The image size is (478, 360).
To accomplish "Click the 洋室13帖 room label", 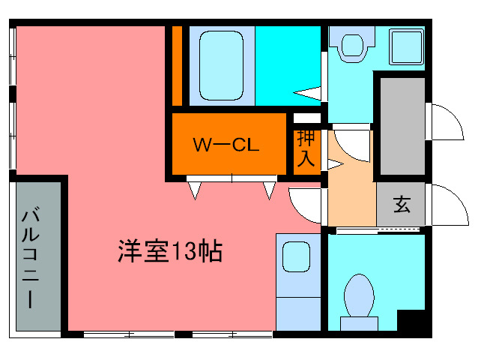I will tap(169, 251).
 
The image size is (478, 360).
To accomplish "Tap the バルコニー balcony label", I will tap(31, 259).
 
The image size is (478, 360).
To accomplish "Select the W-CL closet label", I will tap(226, 145).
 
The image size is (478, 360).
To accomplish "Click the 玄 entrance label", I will tap(402, 205).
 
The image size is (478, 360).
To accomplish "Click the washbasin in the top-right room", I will tap(349, 46).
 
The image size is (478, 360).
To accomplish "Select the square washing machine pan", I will tap(405, 46).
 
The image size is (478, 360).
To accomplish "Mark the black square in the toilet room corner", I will tap(411, 319).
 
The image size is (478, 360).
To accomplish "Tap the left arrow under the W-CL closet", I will tap(195, 190).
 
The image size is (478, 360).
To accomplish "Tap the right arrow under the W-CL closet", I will tap(269, 190).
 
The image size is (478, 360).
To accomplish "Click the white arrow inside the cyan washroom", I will tap(309, 93).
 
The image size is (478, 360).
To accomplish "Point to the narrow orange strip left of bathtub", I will tap(177, 66).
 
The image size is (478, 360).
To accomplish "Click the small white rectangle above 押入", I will tap(306, 118).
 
